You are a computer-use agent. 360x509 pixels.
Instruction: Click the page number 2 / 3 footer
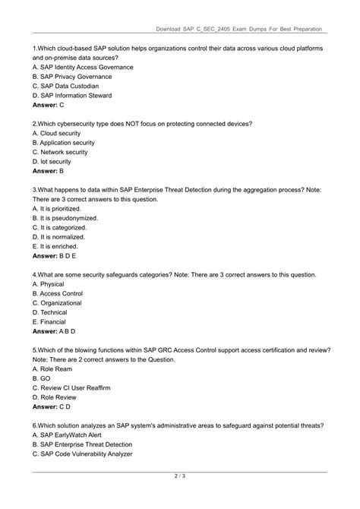180,477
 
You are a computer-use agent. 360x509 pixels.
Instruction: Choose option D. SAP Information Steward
77,95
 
